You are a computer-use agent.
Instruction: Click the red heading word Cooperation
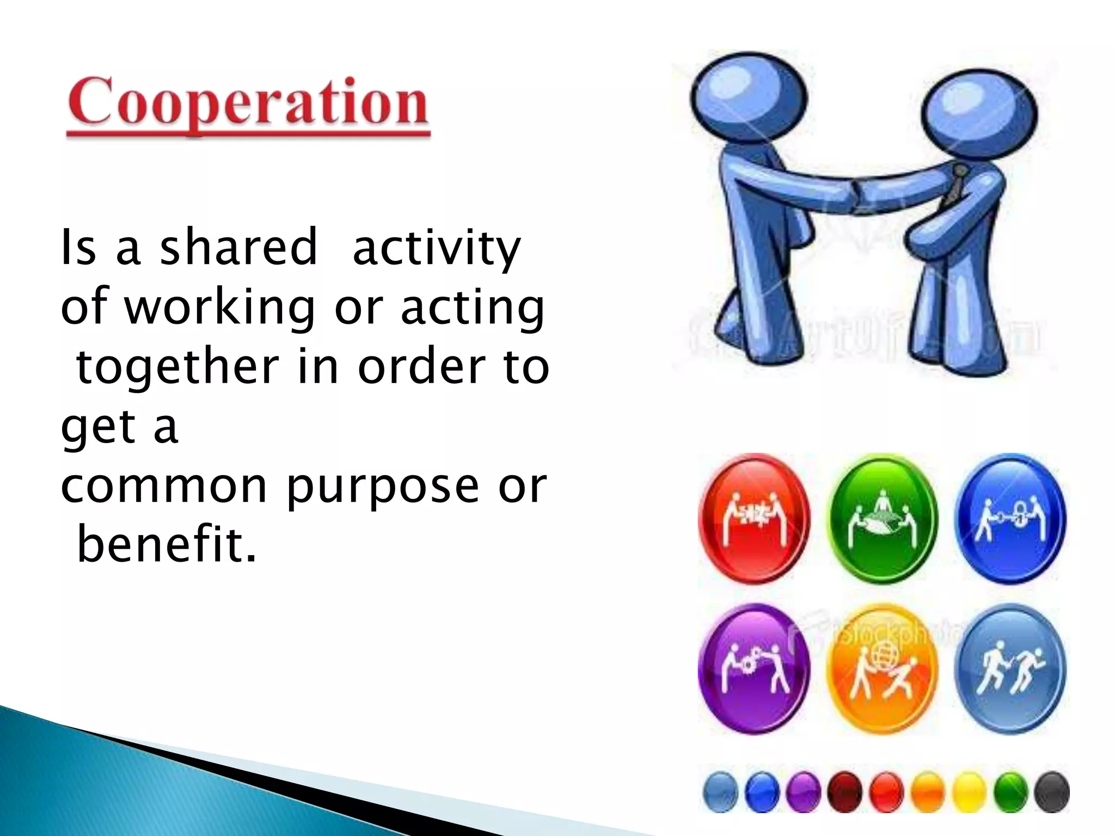pyautogui.click(x=248, y=103)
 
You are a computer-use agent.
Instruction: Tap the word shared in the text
pyautogui.click(x=238, y=248)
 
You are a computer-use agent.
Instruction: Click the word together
pyautogui.click(x=178, y=367)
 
